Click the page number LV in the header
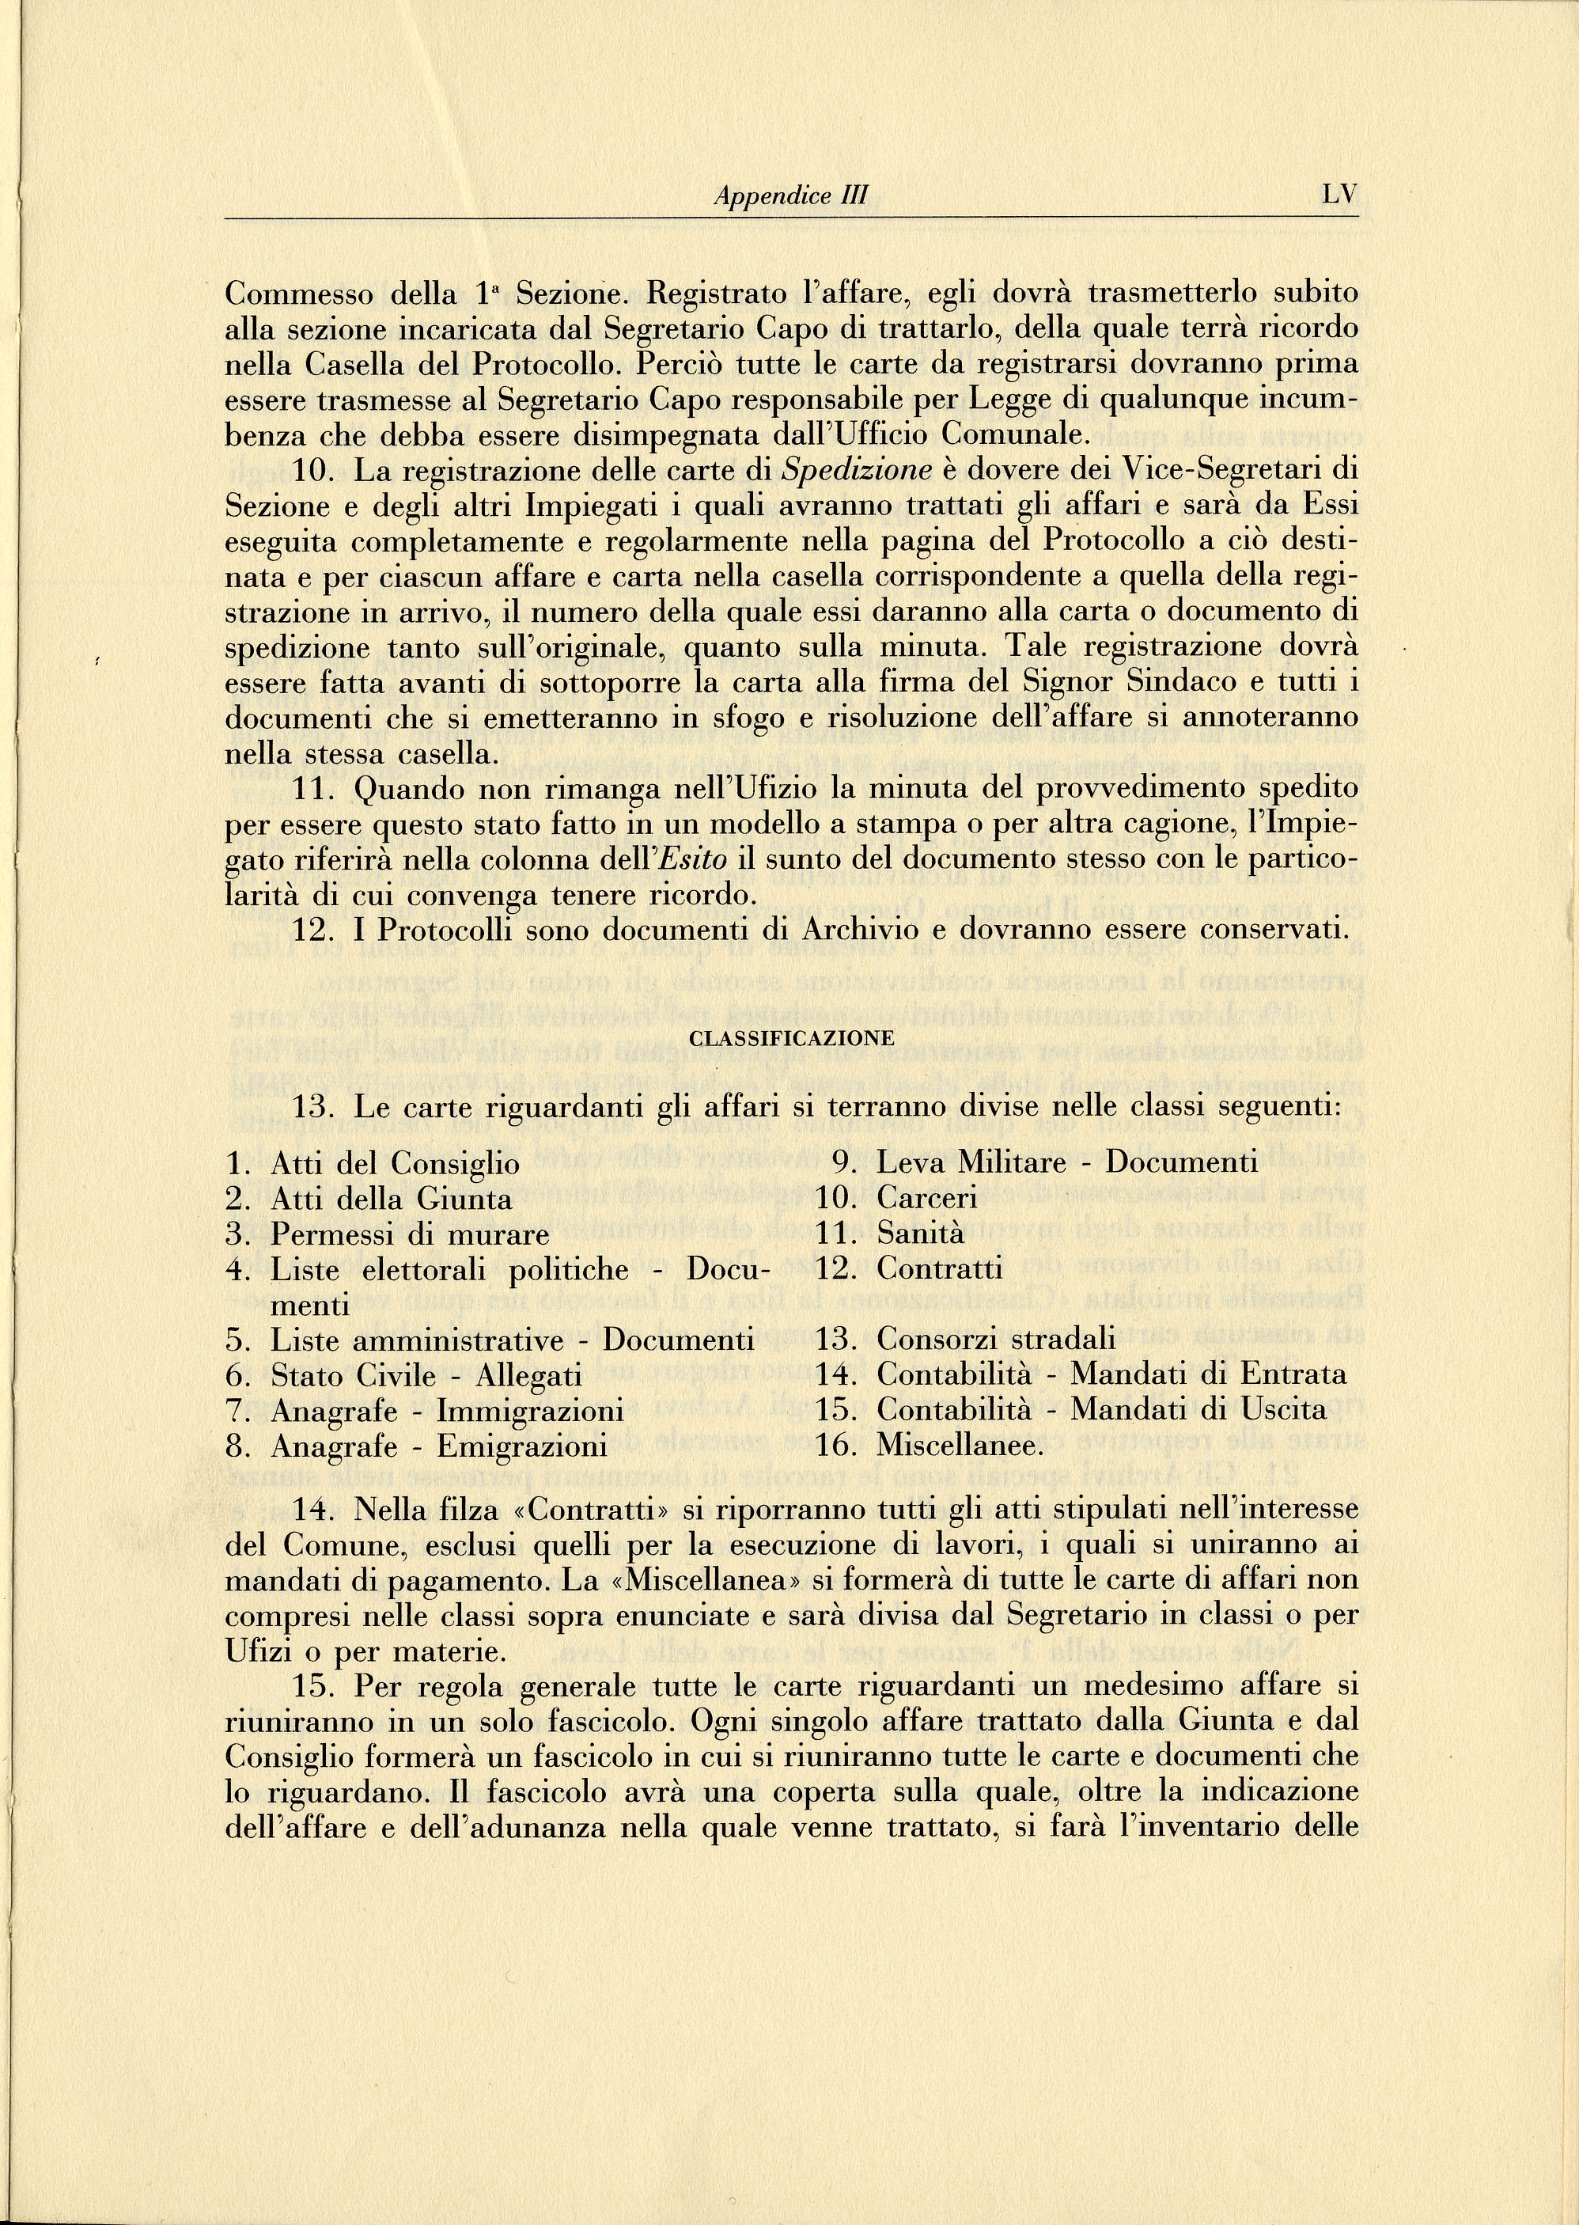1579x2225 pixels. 1339,195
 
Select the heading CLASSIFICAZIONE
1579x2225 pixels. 790,1037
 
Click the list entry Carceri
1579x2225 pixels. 926,1198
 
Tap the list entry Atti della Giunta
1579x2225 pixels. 391,1198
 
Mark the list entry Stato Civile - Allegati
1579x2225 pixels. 426,1375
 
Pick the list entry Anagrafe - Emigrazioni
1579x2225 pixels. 438,1446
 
